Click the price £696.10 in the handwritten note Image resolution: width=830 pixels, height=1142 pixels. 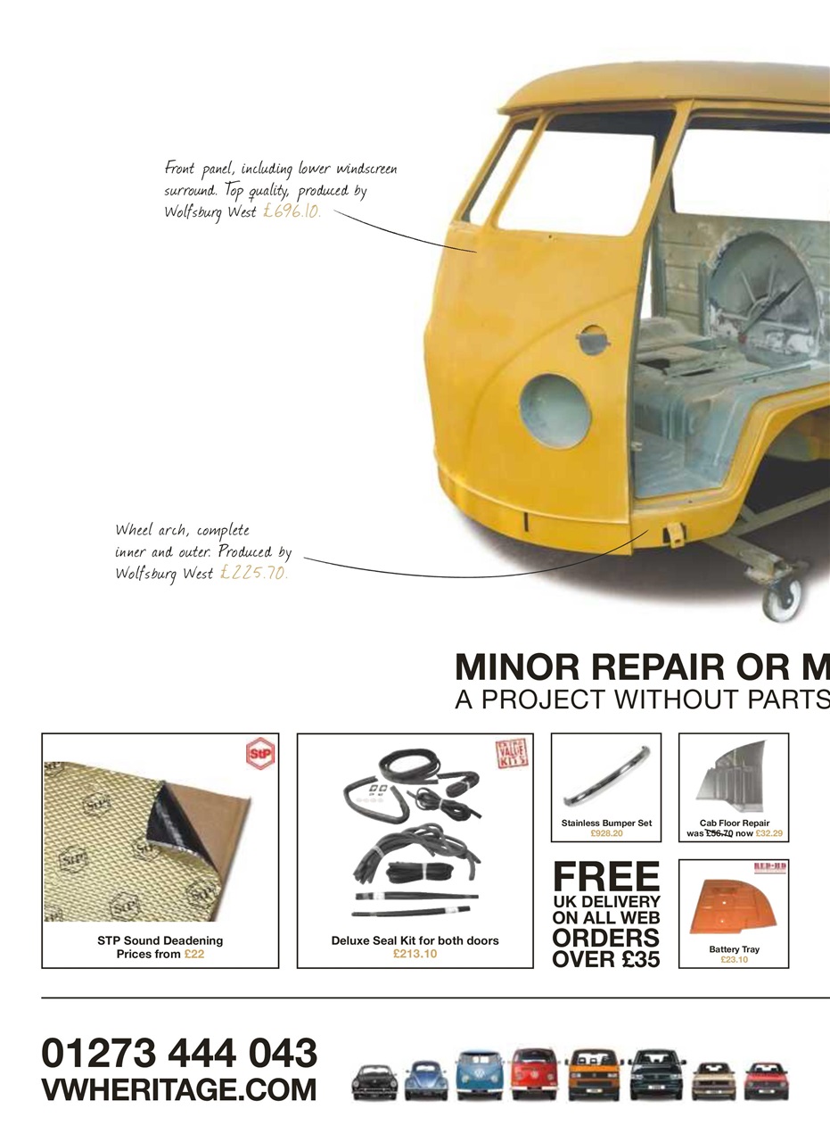tap(292, 212)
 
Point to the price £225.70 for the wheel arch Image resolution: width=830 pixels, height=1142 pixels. tap(254, 573)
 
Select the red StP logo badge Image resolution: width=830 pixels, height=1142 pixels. tap(260, 754)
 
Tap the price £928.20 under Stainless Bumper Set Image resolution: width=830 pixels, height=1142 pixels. tap(606, 833)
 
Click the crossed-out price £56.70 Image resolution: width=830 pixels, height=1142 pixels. tap(718, 833)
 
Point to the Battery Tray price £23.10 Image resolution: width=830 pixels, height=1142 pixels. tap(734, 960)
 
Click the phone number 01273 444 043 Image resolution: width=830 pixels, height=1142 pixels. tap(179, 1053)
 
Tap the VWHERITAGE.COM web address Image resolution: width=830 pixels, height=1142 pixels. tap(179, 1089)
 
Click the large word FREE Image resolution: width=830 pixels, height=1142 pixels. tap(606, 877)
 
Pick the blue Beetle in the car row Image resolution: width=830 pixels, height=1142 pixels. tap(426, 1080)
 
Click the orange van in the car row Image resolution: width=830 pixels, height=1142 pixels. tap(591, 1075)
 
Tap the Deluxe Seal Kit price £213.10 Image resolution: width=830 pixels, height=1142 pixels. tap(415, 954)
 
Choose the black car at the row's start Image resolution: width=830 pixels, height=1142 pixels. tap(374, 1081)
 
